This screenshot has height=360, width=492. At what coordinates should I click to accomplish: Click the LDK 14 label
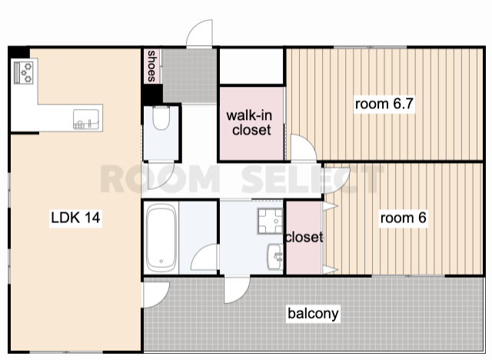75,218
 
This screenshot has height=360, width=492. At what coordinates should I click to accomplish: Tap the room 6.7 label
384,104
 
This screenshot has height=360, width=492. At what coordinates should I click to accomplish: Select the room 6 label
403,218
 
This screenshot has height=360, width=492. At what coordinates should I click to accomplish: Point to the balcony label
313,313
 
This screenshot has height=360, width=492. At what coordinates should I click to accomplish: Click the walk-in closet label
250,123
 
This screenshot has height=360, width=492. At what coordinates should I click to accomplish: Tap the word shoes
151,66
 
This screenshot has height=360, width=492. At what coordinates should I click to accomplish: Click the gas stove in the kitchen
24,72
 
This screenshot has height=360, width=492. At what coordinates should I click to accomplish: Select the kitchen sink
86,119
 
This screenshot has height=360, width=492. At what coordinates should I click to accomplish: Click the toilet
161,118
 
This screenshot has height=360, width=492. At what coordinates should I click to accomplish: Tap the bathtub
161,238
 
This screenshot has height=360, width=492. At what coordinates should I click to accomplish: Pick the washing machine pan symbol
270,221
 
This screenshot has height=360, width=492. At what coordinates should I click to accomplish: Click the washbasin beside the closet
275,256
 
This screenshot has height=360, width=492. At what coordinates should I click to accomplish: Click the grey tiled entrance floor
190,75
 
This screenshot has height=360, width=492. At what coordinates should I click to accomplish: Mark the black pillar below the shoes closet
152,94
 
